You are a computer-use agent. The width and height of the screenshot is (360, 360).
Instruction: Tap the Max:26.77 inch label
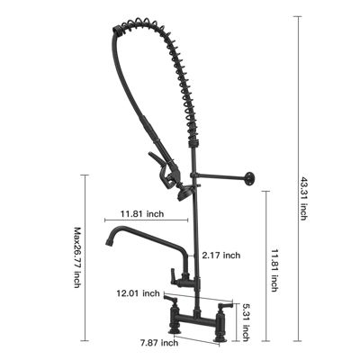pos(78,256)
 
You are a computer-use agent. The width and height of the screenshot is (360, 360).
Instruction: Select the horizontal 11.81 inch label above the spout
pos(141,214)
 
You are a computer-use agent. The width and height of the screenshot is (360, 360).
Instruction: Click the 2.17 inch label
pos(221,256)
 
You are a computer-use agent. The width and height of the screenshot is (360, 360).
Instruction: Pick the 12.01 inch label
pos(139,293)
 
